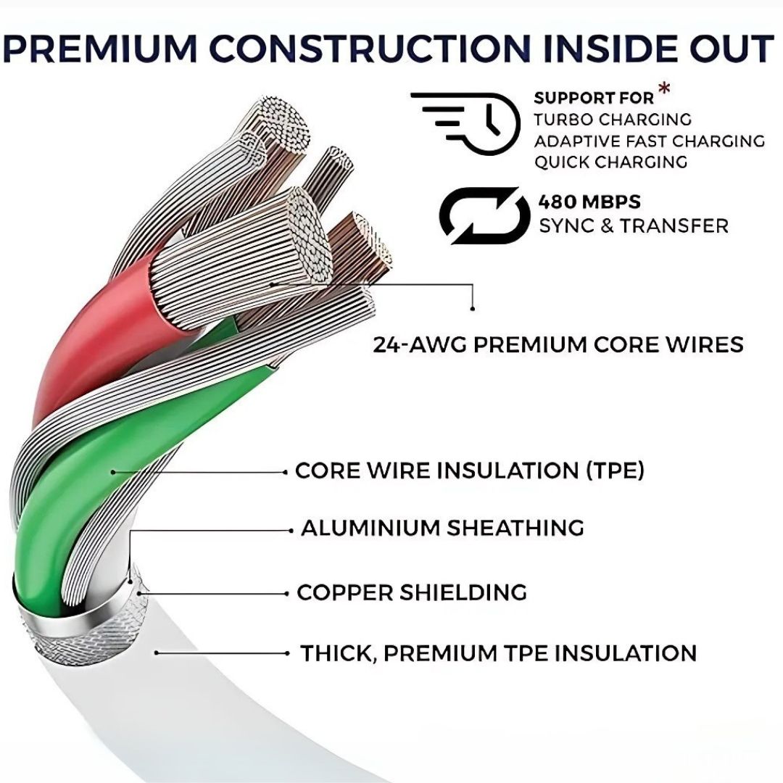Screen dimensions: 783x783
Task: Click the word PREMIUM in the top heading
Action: pos(101,49)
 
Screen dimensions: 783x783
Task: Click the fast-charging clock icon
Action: pos(465,122)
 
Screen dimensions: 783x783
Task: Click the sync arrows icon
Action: pos(484,215)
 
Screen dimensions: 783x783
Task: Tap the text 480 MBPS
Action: pos(589,202)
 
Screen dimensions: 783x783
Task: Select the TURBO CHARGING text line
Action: pos(612,120)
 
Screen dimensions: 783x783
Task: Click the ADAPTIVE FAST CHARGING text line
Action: pos(649,141)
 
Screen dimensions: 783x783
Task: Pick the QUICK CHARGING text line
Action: pos(610,162)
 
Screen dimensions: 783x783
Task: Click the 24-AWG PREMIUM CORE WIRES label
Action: pos(558,345)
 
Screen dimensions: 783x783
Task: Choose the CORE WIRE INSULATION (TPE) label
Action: pos(469,471)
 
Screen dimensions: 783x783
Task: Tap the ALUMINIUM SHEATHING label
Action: pos(442,528)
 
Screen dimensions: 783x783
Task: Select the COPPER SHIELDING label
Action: pos(412,592)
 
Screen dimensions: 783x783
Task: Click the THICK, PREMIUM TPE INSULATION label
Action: pos(498,654)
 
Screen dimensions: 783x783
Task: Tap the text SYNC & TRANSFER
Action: pos(634,225)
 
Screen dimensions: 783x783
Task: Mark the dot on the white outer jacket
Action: pos(157,652)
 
